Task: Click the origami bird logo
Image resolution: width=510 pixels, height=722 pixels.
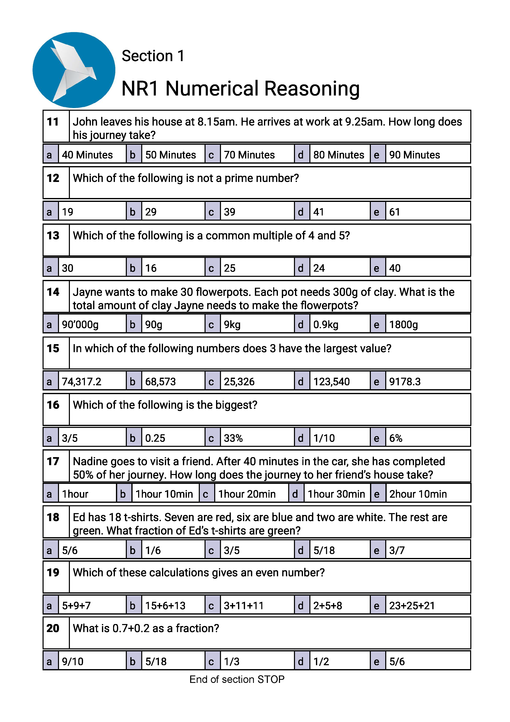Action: pos(74,70)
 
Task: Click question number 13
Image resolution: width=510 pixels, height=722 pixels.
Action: pos(53,235)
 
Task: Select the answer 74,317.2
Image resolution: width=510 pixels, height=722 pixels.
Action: pos(82,381)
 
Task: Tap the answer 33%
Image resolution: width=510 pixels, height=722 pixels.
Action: pos(233,438)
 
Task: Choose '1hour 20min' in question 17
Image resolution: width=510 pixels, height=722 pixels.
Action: pos(247,494)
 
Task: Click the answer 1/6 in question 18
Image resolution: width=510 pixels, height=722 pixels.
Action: pos(153,550)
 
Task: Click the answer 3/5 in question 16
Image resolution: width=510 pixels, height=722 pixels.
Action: pos(70,438)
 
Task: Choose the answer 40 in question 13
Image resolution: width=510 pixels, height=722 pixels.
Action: pos(395,268)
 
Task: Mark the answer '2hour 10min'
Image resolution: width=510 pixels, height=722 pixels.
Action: pos(418,494)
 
